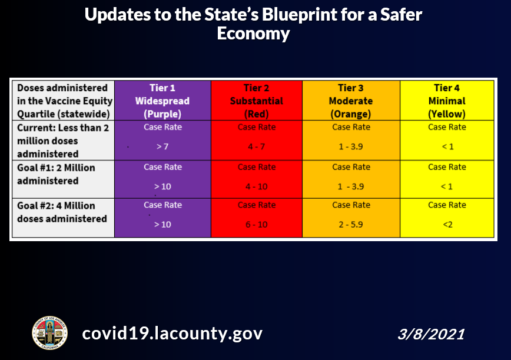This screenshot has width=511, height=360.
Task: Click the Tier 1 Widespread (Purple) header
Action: click(x=162, y=101)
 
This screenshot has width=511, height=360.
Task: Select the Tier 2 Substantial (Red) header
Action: click(x=257, y=101)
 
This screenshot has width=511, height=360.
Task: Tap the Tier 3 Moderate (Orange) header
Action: click(x=351, y=101)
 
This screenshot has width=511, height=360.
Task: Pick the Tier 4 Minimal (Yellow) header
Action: click(x=447, y=101)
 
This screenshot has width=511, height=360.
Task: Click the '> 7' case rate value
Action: click(x=162, y=146)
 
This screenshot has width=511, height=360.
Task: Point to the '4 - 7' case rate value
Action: click(x=257, y=146)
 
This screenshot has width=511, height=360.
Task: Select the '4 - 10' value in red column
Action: click(x=257, y=186)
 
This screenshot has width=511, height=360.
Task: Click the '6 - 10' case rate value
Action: click(x=257, y=225)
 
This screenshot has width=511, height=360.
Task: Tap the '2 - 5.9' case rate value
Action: click(x=351, y=225)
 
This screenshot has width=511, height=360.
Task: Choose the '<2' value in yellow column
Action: click(x=447, y=225)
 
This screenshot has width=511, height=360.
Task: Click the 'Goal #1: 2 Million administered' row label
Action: click(x=56, y=174)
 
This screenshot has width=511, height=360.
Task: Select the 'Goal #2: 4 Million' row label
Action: click(x=56, y=206)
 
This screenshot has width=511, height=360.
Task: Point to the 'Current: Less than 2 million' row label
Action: click(x=63, y=134)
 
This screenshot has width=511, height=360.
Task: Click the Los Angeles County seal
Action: click(x=49, y=333)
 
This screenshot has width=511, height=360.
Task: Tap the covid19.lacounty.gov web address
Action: click(x=172, y=334)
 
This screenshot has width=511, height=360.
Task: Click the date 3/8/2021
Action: click(x=431, y=334)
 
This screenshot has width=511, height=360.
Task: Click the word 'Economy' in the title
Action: click(x=253, y=34)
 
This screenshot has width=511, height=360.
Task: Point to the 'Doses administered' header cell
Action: click(x=65, y=101)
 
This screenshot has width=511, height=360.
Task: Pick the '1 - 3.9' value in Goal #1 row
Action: click(x=351, y=186)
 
